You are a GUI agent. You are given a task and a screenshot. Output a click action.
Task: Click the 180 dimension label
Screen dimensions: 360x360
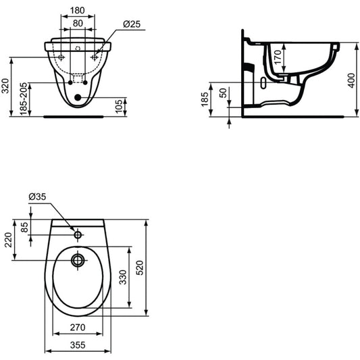[78, 11]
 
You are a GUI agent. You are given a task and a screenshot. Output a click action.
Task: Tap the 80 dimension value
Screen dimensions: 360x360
[78, 23]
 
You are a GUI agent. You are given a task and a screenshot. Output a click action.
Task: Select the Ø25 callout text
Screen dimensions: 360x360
[132, 24]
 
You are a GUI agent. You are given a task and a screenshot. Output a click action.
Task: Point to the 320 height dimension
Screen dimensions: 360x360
[5, 86]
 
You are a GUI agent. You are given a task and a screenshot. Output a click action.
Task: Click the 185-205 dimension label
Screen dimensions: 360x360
[24, 99]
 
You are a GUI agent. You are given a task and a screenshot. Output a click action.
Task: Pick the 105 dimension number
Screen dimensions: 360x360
[119, 106]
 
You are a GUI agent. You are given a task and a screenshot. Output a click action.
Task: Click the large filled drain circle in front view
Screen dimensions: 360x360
[78, 97]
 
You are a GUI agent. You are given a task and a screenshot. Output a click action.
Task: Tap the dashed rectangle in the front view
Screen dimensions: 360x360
[78, 78]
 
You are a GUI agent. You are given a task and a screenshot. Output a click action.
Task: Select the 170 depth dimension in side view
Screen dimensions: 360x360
[278, 57]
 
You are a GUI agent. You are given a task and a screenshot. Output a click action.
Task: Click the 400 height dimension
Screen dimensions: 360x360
[351, 80]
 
